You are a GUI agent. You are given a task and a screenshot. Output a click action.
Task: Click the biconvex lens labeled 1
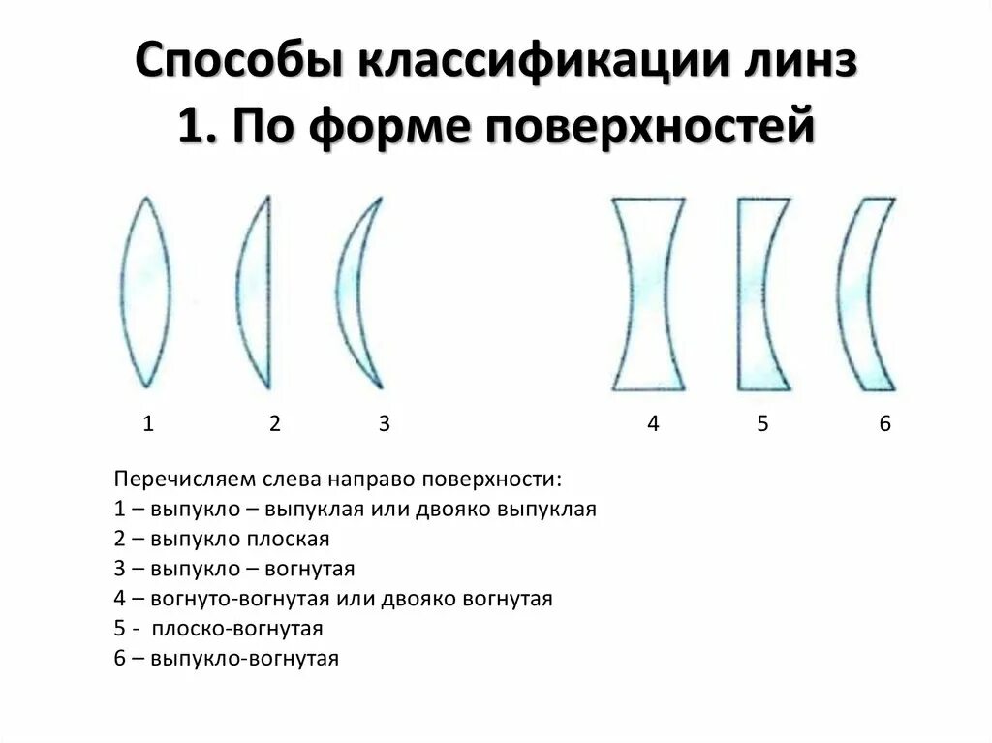[145, 293]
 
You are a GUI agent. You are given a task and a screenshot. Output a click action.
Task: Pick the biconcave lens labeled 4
[648, 293]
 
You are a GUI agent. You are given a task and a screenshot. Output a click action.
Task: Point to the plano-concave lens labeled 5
[756, 293]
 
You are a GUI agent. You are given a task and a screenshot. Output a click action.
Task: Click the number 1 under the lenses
[148, 423]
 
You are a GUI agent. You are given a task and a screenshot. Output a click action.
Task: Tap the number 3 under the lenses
[384, 423]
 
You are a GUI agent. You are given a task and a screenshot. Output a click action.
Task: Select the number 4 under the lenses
[653, 423]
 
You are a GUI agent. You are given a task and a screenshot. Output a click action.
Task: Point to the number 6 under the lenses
[884, 423]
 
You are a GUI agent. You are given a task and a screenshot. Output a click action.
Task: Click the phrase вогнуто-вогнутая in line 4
[226, 599]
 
